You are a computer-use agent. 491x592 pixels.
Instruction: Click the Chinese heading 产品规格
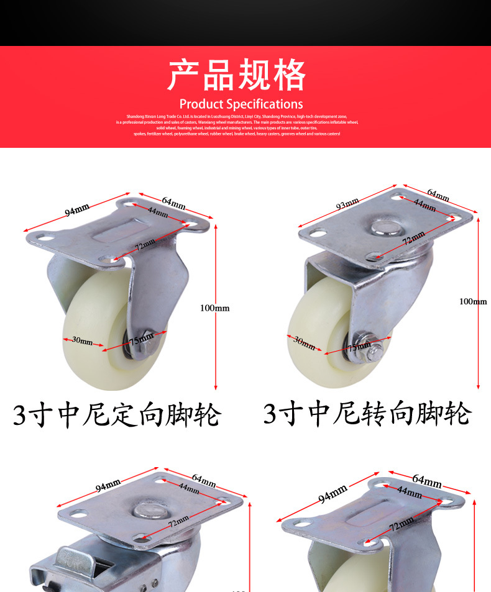tap(237, 75)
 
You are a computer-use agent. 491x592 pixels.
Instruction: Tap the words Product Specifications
tap(241, 104)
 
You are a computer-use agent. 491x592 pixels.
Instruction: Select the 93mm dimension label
tap(347, 203)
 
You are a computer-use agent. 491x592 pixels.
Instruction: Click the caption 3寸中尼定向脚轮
tap(117, 415)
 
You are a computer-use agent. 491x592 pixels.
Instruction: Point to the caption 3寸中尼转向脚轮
tap(367, 414)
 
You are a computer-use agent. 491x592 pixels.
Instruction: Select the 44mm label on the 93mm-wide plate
tap(424, 204)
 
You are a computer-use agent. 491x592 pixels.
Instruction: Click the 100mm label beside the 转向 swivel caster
tap(473, 301)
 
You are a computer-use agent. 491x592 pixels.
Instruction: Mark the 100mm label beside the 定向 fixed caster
tap(215, 308)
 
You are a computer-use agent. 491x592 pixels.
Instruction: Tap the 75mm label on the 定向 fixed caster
tap(141, 339)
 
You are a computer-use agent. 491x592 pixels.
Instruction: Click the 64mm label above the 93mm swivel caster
tap(438, 195)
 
